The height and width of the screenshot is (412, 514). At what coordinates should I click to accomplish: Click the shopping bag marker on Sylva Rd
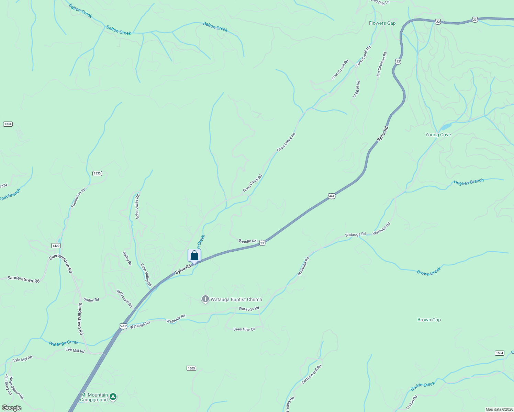(194, 256)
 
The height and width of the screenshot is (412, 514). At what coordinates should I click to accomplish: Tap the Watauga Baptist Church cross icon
(205, 299)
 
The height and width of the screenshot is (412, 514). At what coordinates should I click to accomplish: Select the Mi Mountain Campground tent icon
(113, 397)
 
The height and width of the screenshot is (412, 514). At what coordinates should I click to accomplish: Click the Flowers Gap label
(382, 23)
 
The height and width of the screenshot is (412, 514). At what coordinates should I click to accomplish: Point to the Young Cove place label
(438, 135)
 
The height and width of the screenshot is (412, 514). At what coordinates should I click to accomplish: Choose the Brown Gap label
(429, 320)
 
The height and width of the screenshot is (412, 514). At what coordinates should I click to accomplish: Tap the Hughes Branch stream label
(468, 182)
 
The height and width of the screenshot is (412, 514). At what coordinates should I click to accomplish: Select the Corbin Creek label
(423, 387)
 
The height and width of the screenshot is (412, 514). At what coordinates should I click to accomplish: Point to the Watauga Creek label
(64, 343)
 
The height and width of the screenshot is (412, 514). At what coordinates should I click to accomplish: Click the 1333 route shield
(97, 173)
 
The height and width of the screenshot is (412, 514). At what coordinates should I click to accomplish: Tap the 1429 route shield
(56, 245)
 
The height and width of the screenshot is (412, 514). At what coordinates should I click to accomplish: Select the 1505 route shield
(191, 368)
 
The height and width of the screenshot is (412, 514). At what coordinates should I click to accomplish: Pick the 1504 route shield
(500, 353)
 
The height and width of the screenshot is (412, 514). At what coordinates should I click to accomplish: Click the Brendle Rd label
(247, 241)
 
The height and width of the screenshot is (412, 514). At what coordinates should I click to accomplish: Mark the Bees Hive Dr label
(244, 329)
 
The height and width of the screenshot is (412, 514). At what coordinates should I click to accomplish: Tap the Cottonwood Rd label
(312, 374)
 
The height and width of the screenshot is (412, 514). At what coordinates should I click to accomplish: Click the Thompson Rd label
(78, 198)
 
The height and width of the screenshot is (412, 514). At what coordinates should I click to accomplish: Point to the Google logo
(11, 408)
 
